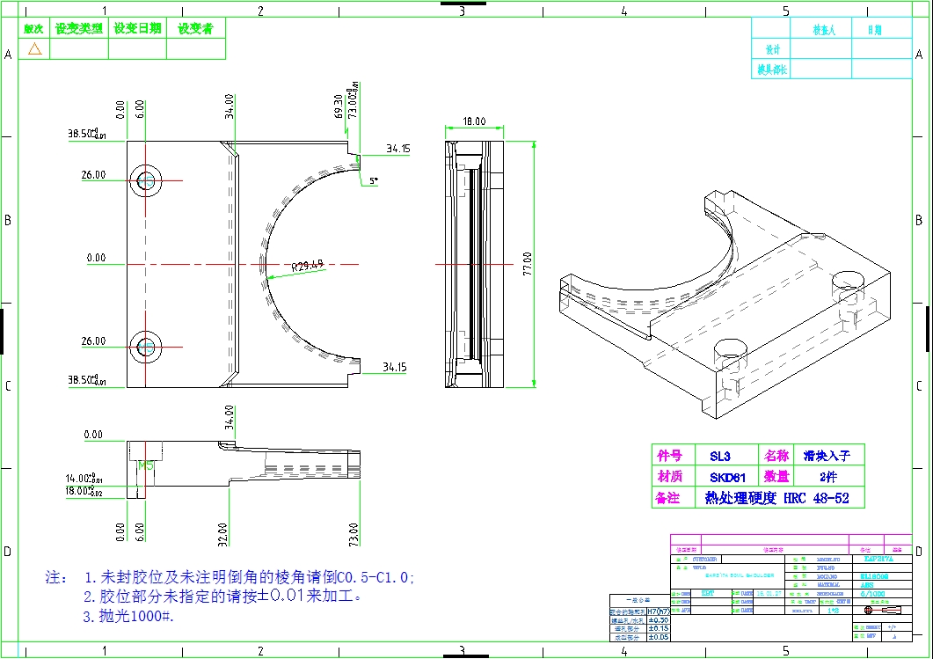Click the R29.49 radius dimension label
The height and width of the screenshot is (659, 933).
(308, 262)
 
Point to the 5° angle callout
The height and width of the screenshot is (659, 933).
(374, 180)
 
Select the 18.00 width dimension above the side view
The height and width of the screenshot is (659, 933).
(474, 121)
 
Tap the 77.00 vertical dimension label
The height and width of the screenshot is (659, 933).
(528, 264)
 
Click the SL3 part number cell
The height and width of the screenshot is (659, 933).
(720, 456)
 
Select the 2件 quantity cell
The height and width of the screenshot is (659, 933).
(827, 477)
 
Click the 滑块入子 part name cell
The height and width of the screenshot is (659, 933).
(827, 456)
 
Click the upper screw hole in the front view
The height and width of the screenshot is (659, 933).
(147, 179)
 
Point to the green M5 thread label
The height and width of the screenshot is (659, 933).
(146, 465)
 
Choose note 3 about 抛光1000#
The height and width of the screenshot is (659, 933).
(128, 617)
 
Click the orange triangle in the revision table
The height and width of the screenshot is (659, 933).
(35, 49)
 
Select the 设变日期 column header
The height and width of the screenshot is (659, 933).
(138, 28)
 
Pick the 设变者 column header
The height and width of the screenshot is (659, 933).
(196, 28)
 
